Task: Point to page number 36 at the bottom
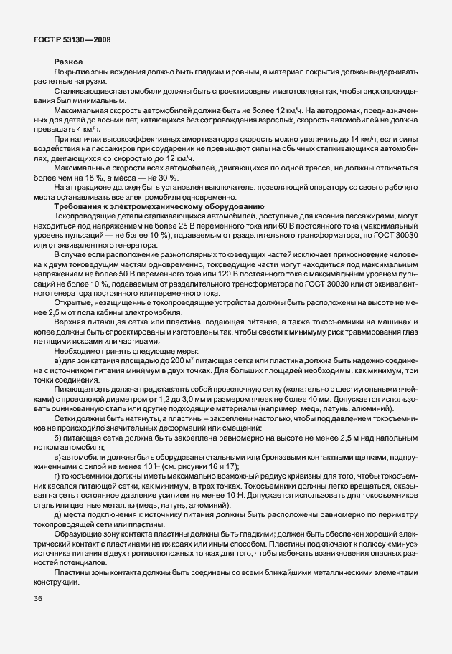click(39, 599)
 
